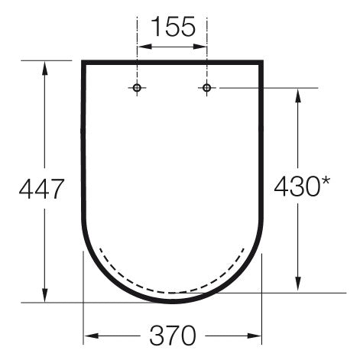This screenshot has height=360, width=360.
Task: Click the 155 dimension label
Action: click(174, 26)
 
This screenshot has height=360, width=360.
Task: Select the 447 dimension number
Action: click(41, 189)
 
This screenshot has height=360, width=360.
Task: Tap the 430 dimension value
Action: click(297, 186)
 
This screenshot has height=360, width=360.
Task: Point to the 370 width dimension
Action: click(173, 336)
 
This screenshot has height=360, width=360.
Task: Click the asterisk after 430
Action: click(325, 181)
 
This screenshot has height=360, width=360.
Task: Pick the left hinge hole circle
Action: click(137, 88)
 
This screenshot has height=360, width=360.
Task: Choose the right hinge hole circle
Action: click(206, 88)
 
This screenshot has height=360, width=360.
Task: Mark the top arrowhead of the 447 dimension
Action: click(45, 68)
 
